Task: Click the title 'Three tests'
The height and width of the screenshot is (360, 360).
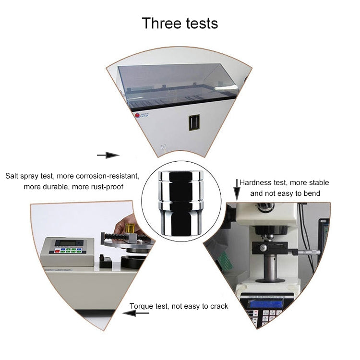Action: click(180, 23)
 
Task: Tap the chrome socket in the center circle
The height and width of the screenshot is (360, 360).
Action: click(181, 203)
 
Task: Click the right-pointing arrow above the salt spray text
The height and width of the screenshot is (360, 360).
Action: click(108, 155)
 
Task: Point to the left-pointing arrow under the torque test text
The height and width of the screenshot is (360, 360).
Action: click(136, 312)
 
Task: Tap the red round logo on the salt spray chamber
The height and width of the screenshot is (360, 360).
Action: click(137, 115)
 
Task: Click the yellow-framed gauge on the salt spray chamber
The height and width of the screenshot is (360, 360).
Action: click(194, 122)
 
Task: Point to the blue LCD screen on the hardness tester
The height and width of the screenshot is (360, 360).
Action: click(266, 303)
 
